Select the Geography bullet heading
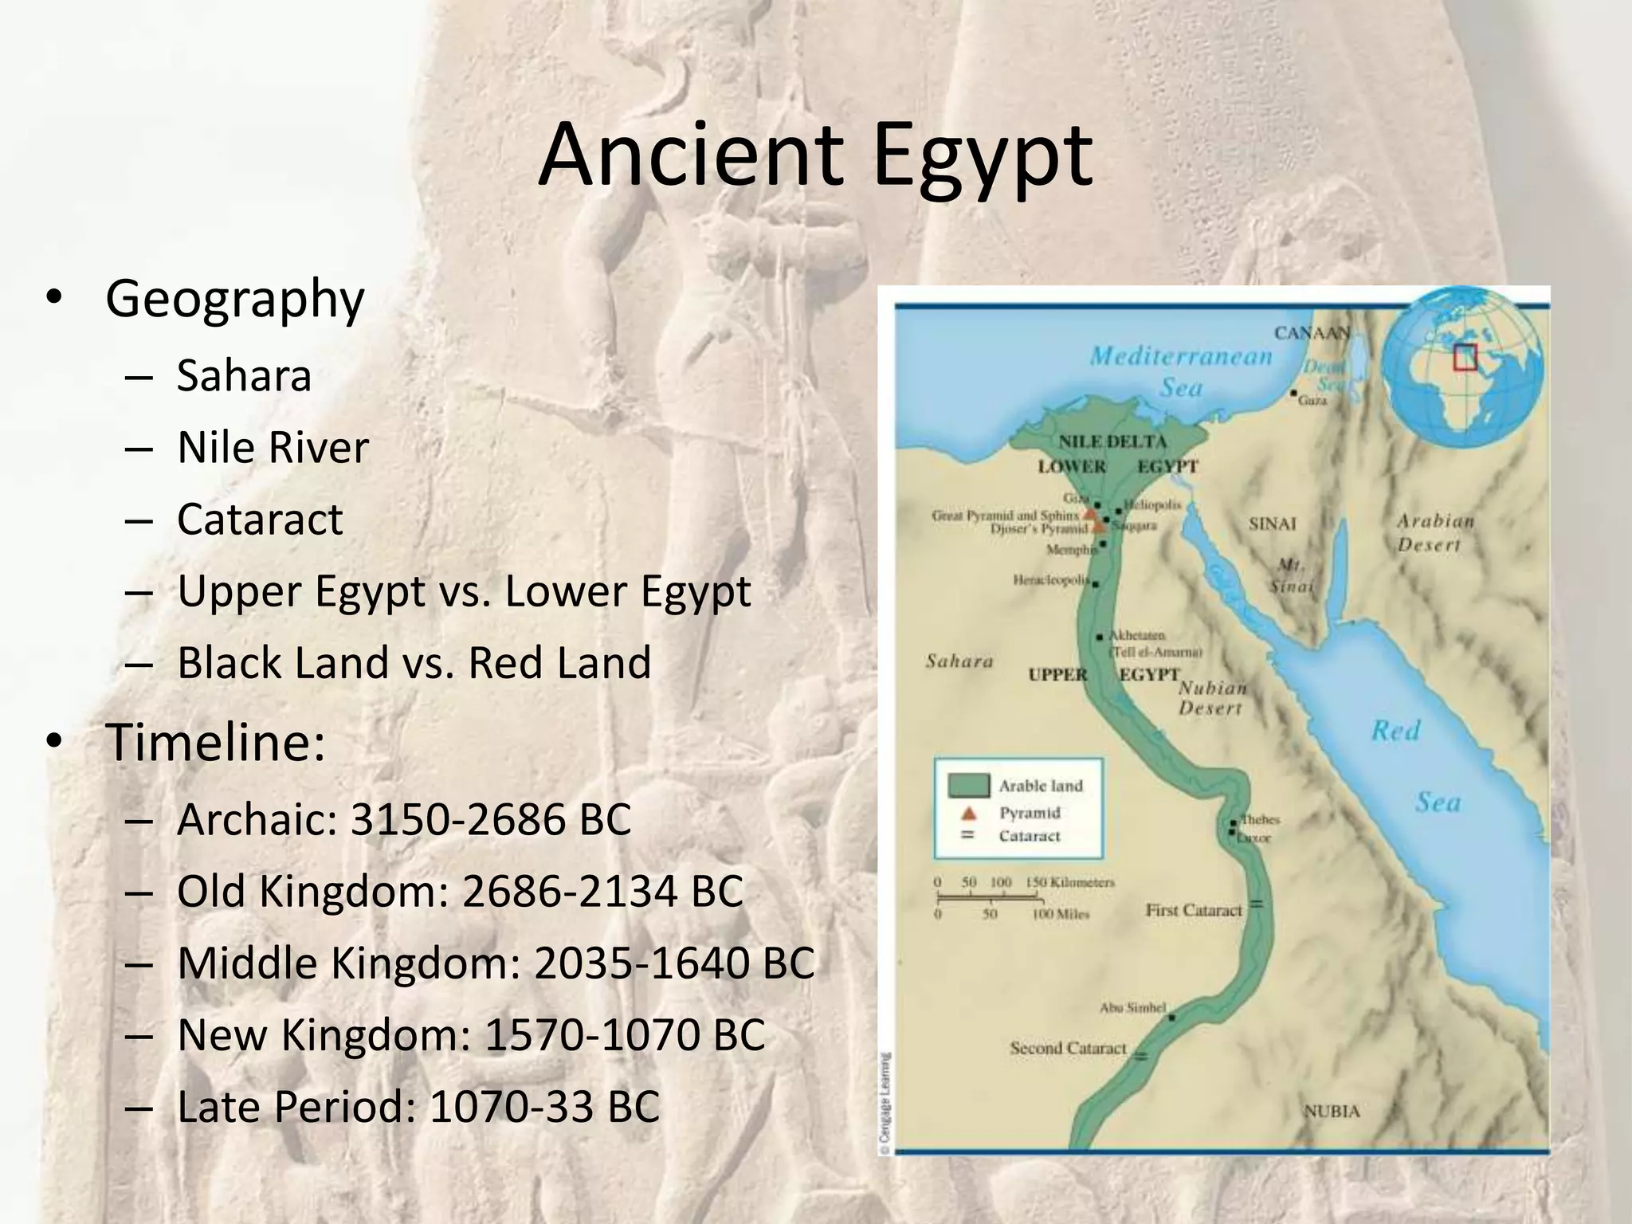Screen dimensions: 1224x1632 [234, 299]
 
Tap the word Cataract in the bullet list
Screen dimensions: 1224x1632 [260, 519]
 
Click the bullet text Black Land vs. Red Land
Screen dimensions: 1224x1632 [414, 662]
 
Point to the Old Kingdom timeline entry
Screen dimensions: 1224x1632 [460, 891]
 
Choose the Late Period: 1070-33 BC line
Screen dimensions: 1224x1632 [418, 1106]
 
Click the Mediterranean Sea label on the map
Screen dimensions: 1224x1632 [1181, 371]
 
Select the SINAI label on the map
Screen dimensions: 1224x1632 [1272, 524]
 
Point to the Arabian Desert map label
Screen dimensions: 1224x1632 [1435, 532]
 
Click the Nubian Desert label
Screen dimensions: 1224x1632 [1212, 697]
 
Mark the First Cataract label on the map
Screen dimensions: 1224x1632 [1193, 909]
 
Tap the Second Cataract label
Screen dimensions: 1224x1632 [1068, 1048]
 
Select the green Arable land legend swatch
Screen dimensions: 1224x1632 [969, 786]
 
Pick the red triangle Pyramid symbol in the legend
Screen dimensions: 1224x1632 [968, 814]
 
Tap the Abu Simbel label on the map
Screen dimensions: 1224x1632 [1132, 1007]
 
